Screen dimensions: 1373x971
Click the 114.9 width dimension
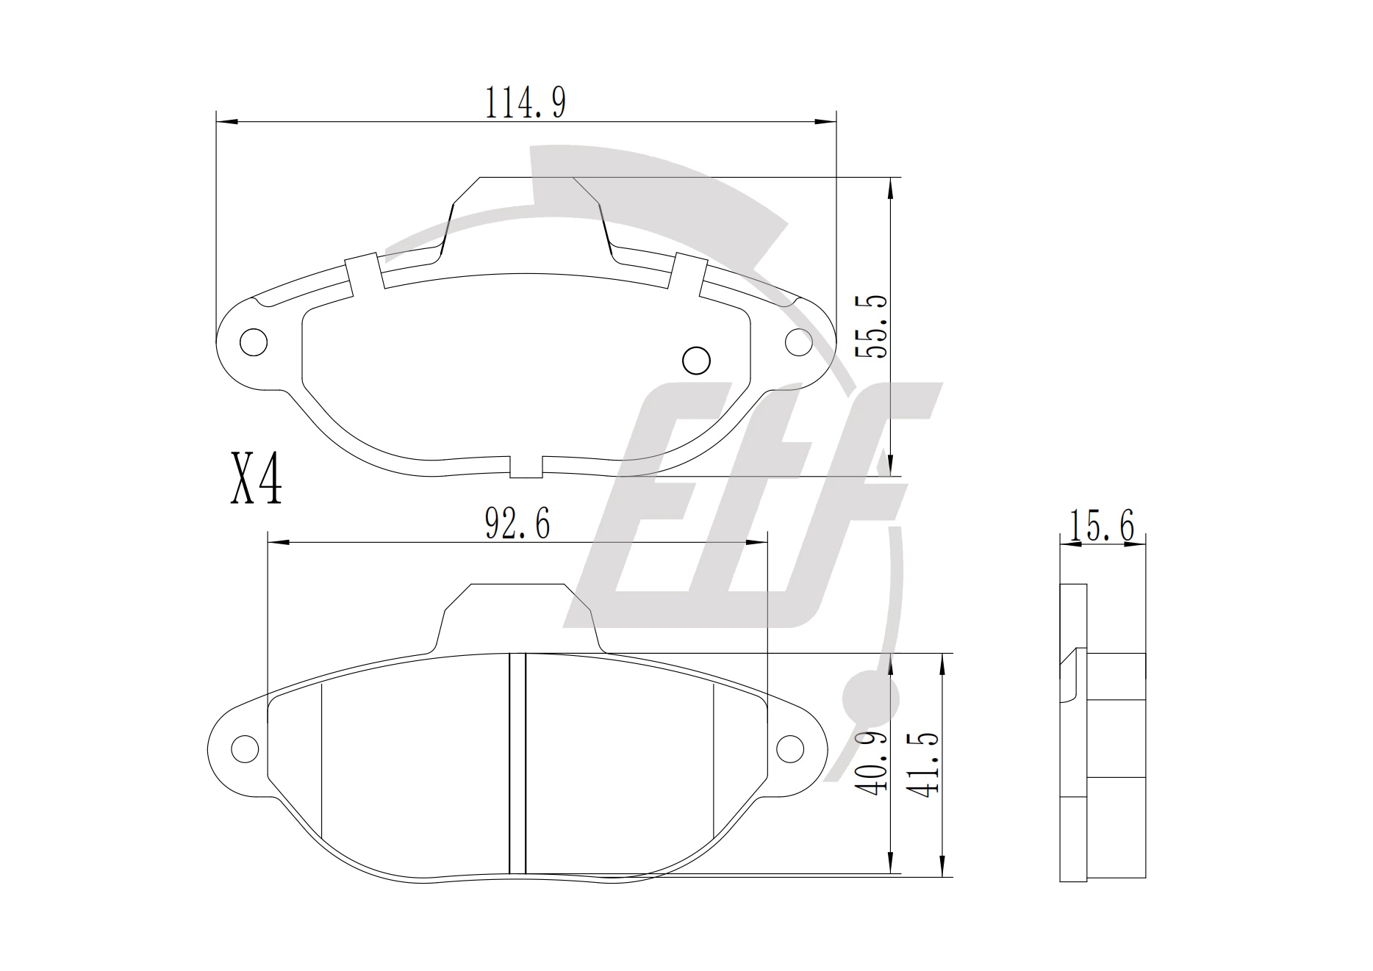tap(525, 102)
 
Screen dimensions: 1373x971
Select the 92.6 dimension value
tap(517, 524)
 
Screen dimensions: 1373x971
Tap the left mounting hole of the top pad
tap(254, 342)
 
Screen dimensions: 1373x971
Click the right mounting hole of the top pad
tap(799, 342)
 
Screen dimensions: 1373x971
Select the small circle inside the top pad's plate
tap(696, 360)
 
